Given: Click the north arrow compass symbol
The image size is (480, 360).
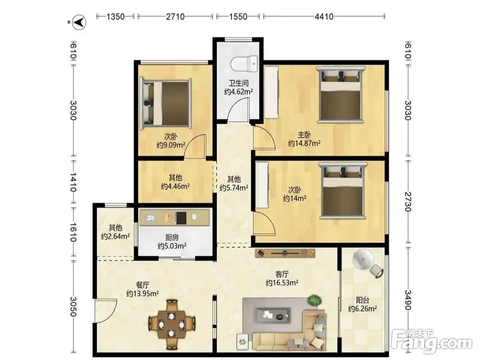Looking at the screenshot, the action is click(80, 22).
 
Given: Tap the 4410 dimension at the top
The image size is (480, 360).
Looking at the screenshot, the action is click(324, 17).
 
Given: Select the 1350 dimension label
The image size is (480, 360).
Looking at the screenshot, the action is click(116, 17).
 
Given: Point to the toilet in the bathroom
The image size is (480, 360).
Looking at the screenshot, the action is click(244, 63).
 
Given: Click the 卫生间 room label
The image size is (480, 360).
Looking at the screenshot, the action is click(239, 83).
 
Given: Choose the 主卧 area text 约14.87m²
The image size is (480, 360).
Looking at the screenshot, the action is click(304, 143).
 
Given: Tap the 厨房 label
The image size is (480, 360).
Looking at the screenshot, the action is click(172, 237).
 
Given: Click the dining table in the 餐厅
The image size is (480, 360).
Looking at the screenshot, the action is click(172, 324).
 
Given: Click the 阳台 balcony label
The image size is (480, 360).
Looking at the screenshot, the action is click(363, 300).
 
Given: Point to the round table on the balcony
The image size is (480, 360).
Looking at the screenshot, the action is click(363, 260).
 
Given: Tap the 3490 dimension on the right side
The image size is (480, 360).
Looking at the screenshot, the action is click(408, 300).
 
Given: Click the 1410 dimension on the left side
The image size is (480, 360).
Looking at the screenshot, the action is click(73, 182).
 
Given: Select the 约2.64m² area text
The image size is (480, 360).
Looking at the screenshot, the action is click(116, 236).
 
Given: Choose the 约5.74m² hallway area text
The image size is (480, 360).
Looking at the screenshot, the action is click(233, 188).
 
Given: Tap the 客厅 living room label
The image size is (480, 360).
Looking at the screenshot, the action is click(282, 274).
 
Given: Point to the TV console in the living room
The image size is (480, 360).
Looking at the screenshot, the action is click(285, 253).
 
